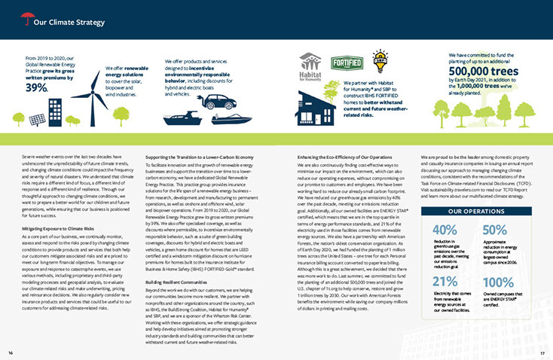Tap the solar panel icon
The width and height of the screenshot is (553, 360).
click(x=36, y=120)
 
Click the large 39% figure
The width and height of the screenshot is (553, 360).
click(x=37, y=87)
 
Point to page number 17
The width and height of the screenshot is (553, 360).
click(x=542, y=352)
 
